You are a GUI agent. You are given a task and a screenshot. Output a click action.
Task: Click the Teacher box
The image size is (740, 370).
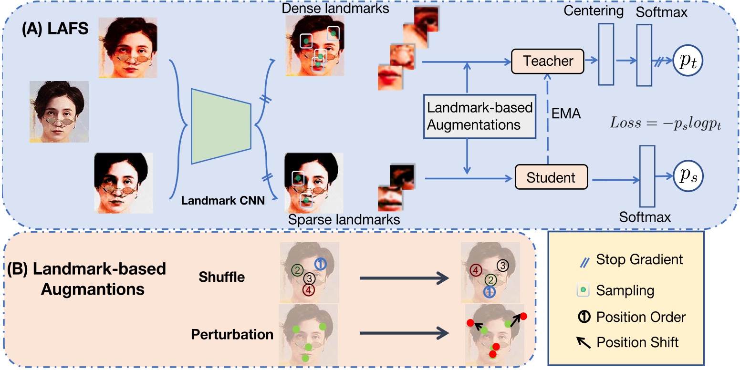coord(548,61)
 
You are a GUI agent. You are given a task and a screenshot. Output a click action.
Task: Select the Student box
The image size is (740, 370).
coord(551,178)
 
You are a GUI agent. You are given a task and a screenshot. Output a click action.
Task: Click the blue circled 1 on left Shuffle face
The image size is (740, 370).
coord(321,264)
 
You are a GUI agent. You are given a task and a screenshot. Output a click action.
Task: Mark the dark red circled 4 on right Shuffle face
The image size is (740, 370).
coord(475,270)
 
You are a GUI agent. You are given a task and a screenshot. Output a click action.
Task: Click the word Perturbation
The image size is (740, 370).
coord(232,334)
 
